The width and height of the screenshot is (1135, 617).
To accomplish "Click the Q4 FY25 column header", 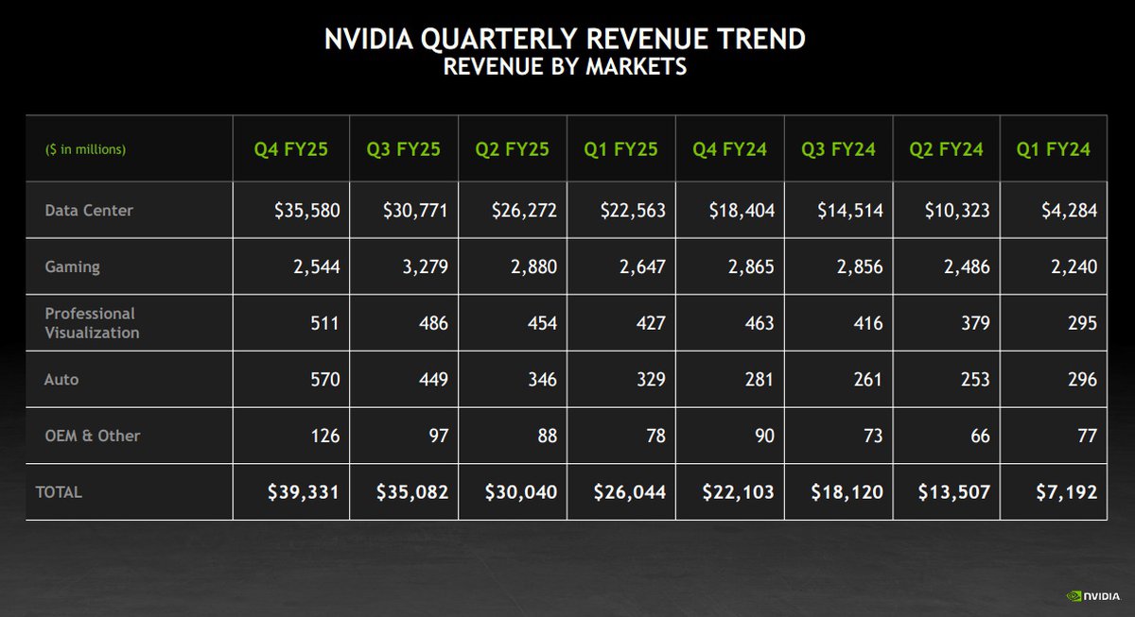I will (290, 149).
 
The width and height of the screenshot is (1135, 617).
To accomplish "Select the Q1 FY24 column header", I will (1053, 149).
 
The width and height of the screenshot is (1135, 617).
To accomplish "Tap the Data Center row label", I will (89, 210).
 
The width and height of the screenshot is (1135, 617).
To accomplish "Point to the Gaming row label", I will (72, 266).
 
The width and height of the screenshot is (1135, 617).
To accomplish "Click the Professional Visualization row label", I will (92, 323).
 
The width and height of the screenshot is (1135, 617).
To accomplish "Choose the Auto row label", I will (61, 379).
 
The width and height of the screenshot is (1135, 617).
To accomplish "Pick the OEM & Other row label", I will (92, 436).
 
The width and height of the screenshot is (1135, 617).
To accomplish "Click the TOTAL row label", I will (59, 492).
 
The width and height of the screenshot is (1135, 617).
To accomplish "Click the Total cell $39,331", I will (298, 492).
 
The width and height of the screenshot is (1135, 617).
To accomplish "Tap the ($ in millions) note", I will (86, 149).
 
